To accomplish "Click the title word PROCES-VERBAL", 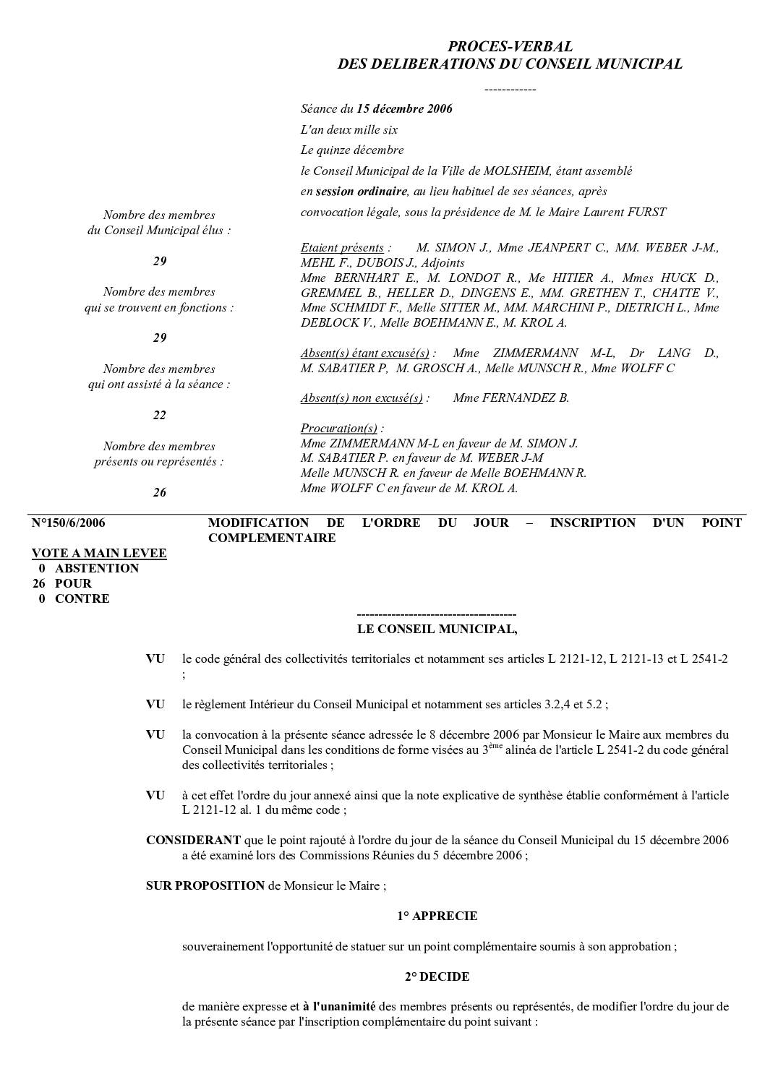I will tap(510, 47).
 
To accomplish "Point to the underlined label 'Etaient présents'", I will tap(342, 248).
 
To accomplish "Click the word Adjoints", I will tap(443, 263).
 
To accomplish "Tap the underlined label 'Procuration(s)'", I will tap(339, 428).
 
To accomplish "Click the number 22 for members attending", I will tap(159, 415).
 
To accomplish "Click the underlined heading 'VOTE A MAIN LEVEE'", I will tap(99, 553).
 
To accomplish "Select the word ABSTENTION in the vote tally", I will tap(97, 568).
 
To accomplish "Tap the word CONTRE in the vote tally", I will tap(82, 598).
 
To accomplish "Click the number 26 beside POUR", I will tap(39, 583).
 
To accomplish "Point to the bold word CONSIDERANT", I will tap(193, 840).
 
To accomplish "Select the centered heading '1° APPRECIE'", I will tap(437, 916).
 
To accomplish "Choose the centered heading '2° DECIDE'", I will tap(437, 976).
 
